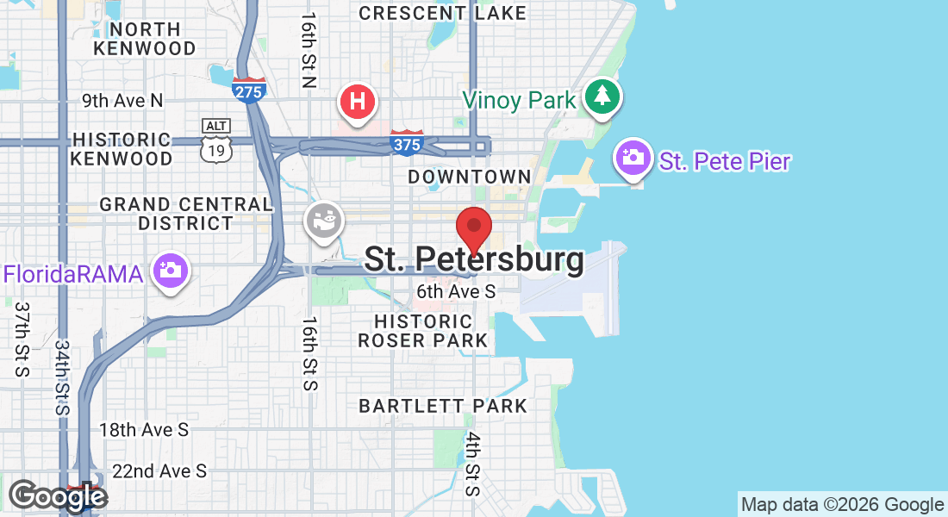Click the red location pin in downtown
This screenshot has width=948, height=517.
[x=473, y=228]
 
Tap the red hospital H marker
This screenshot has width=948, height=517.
[x=359, y=102]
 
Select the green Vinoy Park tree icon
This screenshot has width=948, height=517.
[x=602, y=96]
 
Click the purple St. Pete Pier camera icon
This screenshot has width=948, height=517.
[x=633, y=159]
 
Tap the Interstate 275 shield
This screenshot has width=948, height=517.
[x=248, y=89]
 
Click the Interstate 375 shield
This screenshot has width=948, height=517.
[x=407, y=142]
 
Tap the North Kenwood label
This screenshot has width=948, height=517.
[x=145, y=39]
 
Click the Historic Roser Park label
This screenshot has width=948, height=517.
[x=423, y=331]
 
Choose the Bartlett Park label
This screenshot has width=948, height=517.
[x=442, y=405]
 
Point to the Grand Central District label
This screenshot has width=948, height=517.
[x=185, y=214]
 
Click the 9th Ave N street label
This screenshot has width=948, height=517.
[x=122, y=101]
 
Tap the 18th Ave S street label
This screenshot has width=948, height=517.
[x=144, y=429]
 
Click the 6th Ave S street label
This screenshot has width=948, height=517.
[x=456, y=291]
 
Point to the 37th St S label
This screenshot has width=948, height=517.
[x=22, y=339]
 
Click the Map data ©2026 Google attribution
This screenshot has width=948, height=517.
[x=843, y=505]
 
